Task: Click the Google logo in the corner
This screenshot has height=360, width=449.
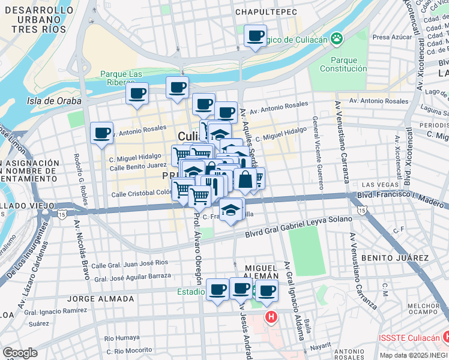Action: tap(20, 353)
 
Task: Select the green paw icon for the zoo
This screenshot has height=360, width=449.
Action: tap(337, 39)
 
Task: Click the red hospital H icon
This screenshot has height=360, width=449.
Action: tap(272, 316)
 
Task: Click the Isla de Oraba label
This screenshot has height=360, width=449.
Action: tap(54, 101)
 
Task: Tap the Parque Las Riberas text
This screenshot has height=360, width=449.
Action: tap(121, 78)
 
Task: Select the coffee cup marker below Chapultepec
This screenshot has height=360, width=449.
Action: tap(255, 37)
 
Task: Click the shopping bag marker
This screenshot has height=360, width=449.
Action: tap(246, 179)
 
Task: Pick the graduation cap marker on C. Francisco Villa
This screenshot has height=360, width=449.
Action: tap(231, 211)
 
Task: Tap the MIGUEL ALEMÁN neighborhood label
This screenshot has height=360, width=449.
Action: tap(261, 272)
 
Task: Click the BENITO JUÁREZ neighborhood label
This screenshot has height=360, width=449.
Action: tap(395, 258)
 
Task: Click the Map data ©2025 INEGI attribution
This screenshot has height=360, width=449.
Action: tap(414, 355)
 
